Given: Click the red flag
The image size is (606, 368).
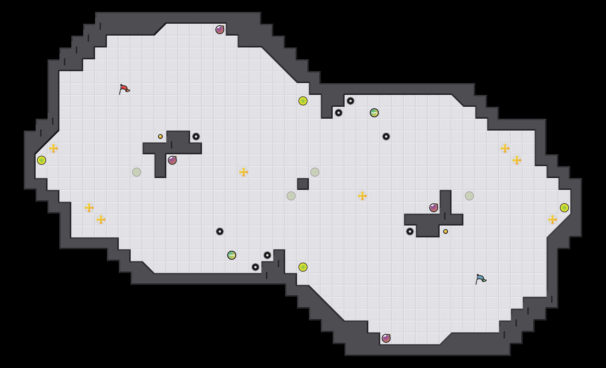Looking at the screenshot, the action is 124,89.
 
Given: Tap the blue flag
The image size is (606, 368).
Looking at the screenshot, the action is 481,279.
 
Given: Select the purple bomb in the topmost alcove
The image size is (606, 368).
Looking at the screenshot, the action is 220,30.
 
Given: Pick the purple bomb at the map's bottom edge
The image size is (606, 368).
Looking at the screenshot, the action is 386,338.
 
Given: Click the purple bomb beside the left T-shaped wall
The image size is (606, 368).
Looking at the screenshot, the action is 172,160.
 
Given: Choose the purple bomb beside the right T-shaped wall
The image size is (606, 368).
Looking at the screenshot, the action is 434,208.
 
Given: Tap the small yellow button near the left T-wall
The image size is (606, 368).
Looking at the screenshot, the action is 160,137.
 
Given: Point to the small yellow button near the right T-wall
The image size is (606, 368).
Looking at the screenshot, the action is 446,231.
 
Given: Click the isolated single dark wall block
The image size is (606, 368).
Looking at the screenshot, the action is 303,184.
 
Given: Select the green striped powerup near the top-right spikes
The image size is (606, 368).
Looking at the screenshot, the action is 374,113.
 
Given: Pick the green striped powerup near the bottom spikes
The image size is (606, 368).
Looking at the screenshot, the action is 232,255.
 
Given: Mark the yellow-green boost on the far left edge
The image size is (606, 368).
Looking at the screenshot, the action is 42,160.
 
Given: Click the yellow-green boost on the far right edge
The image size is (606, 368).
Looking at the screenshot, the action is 564,208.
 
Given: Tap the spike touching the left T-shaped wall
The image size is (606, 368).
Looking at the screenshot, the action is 196,137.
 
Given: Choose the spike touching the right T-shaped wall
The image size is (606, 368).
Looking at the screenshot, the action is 410,231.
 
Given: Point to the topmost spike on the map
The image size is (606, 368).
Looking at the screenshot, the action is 351,101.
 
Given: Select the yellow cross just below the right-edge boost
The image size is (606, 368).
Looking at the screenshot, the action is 553,220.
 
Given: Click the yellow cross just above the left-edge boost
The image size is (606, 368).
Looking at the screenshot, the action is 53,148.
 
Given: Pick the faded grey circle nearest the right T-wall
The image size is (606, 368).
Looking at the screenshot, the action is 469,196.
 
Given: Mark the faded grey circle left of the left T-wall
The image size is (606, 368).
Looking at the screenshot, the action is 137,172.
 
